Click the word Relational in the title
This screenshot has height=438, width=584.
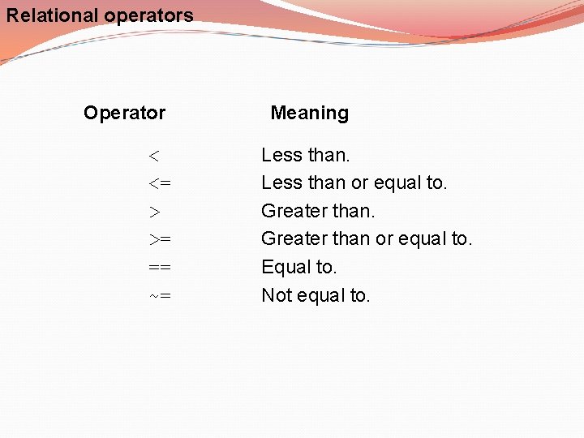point(52,15)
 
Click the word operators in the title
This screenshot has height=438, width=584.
point(148,15)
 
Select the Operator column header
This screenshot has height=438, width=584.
point(124,113)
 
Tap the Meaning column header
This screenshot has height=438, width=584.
point(309,113)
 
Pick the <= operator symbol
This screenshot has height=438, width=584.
point(159,183)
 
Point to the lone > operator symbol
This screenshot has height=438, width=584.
point(154,212)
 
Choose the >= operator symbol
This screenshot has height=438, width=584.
point(159,239)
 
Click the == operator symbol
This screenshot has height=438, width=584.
point(160,268)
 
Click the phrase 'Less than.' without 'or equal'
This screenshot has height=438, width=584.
point(305,154)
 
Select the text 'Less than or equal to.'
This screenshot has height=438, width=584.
point(354,182)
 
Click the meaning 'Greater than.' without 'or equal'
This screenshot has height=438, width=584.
point(318,211)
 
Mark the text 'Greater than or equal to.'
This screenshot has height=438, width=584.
point(366,238)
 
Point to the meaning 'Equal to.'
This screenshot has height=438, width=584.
point(298,267)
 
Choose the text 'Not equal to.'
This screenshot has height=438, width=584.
point(316,295)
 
